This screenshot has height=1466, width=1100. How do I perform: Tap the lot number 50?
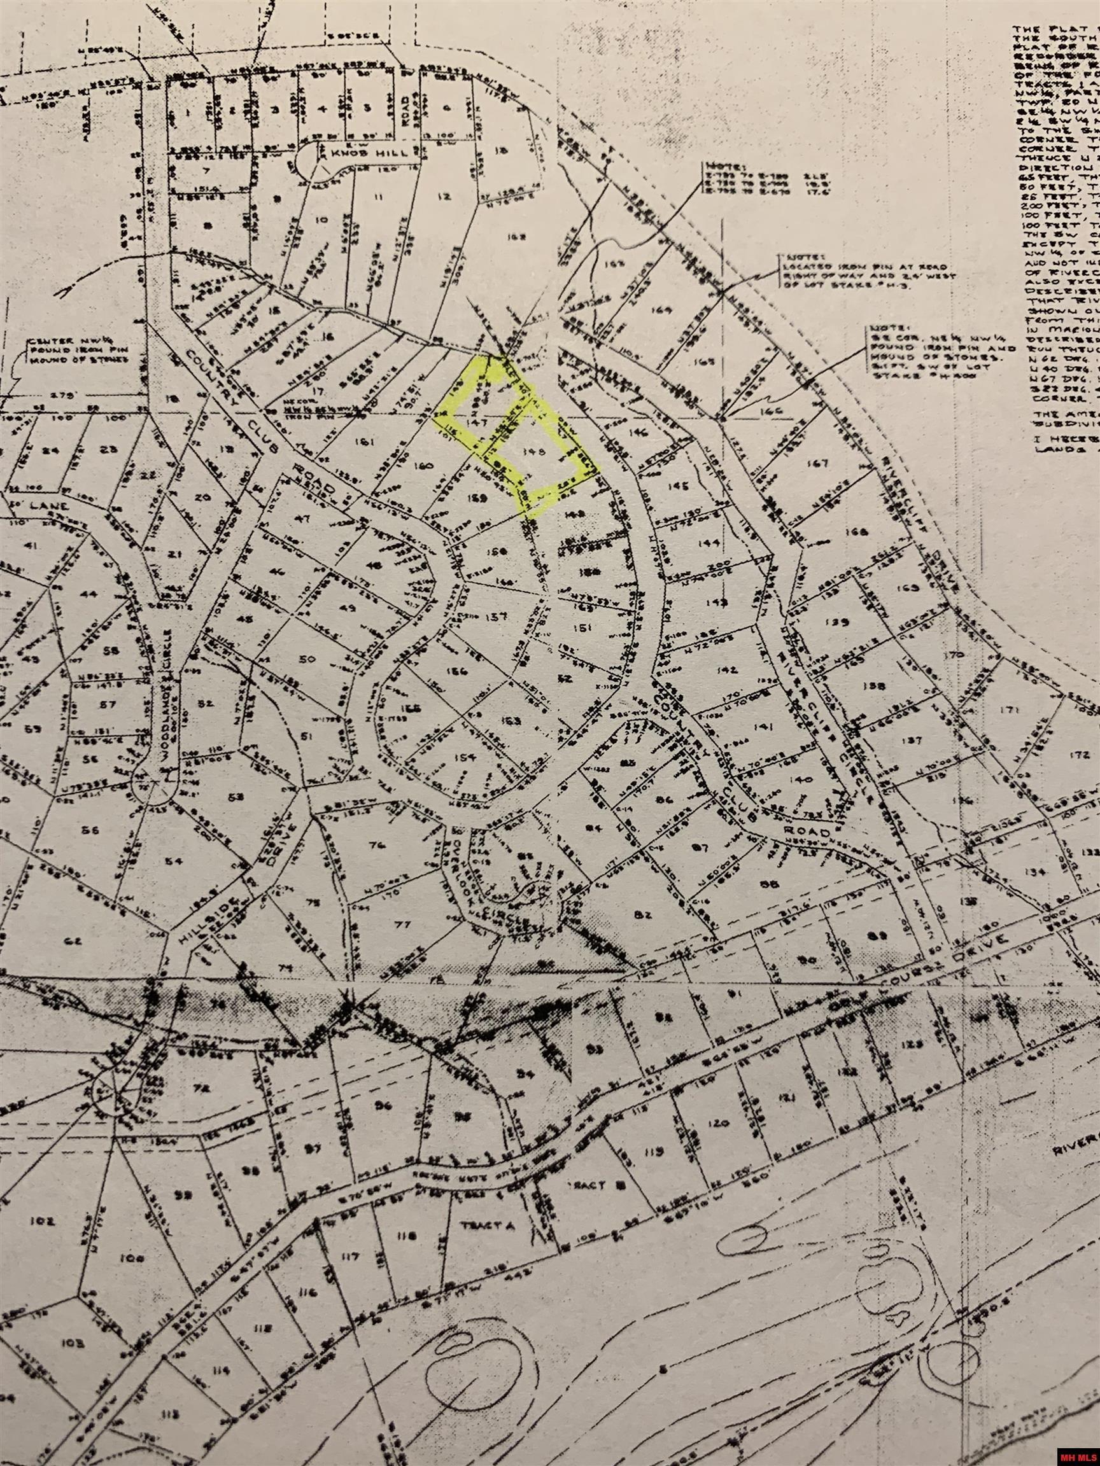pyautogui.click(x=306, y=659)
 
